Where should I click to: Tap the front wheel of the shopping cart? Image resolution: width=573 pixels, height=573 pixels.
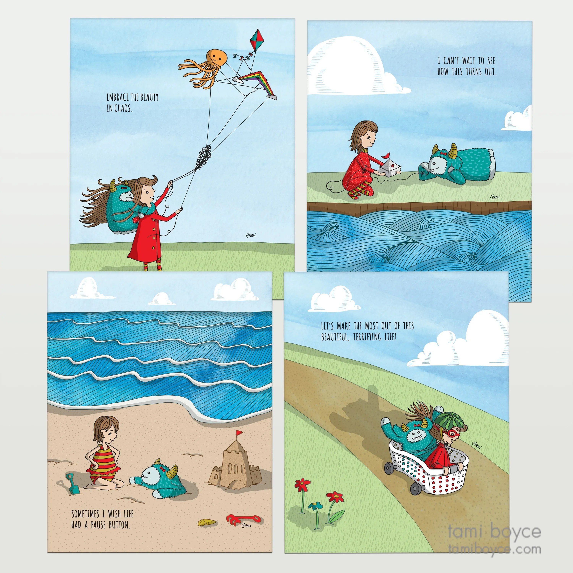click(415, 488)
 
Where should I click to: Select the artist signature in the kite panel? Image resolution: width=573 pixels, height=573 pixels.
click(251, 235)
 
